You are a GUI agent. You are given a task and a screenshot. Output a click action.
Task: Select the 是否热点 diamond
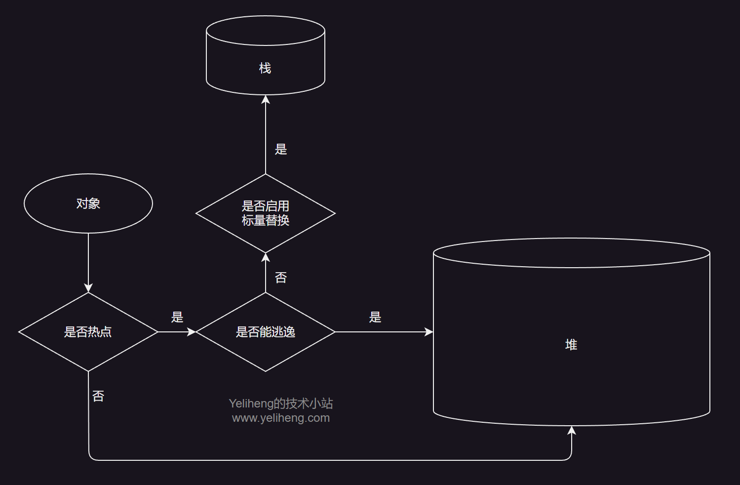(88, 332)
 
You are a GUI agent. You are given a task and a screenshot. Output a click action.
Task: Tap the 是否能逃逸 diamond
(266, 332)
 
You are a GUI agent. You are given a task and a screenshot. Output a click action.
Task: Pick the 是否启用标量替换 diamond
(266, 213)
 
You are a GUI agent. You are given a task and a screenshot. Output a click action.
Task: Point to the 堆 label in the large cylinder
(571, 345)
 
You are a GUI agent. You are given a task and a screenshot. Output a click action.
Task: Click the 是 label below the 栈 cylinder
(281, 149)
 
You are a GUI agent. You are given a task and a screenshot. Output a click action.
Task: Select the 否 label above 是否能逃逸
(281, 278)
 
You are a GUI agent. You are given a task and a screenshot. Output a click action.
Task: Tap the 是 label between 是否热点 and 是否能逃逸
(177, 317)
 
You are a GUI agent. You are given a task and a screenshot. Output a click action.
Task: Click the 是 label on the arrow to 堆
(375, 317)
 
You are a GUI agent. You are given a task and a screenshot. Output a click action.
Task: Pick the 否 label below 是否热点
(98, 396)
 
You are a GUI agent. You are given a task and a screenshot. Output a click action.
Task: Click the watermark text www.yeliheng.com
(281, 418)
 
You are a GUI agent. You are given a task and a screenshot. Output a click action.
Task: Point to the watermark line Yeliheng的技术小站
(281, 404)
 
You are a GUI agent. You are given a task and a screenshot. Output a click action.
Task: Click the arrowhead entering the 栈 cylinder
(266, 99)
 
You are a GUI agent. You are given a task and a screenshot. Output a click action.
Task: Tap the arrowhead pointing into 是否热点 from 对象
(88, 288)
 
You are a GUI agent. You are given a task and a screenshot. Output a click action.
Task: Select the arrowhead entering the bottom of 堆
(572, 430)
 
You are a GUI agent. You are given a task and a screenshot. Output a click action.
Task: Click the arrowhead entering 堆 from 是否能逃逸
(428, 332)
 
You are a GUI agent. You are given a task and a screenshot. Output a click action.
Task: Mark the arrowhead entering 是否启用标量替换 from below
(266, 257)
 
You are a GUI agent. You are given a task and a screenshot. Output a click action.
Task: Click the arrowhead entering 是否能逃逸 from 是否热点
(192, 332)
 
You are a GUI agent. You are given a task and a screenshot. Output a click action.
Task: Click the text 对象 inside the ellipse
(88, 203)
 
